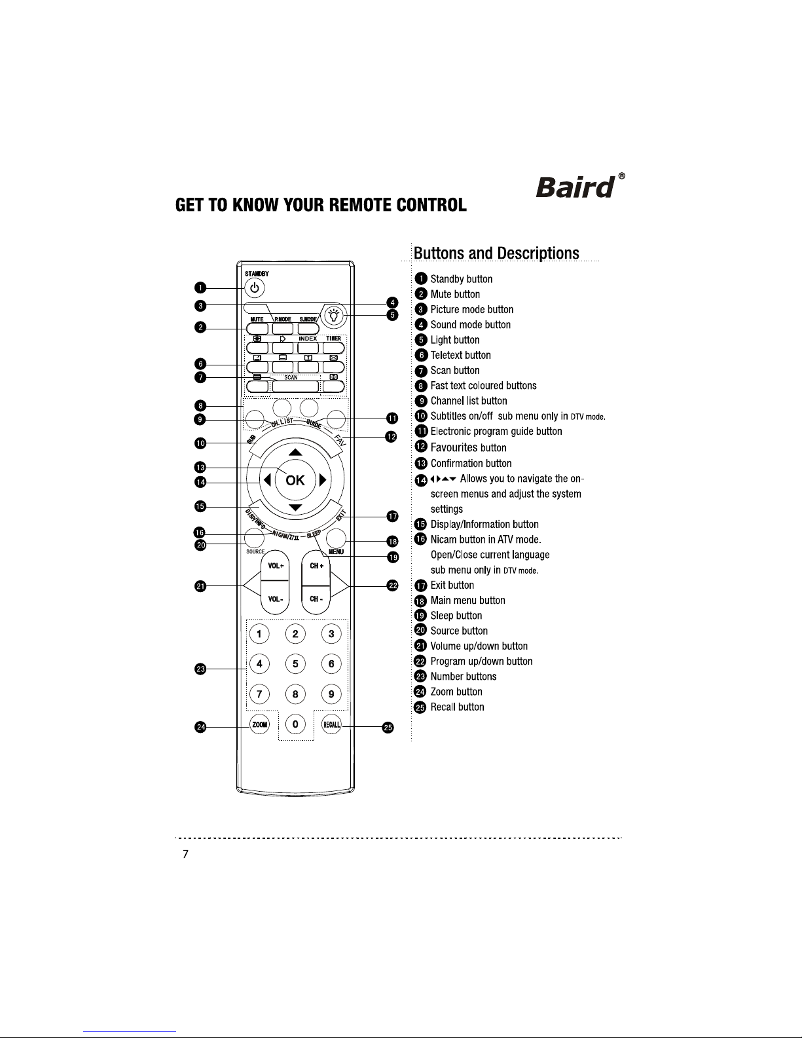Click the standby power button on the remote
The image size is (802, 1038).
(255, 288)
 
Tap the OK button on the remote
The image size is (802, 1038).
(295, 480)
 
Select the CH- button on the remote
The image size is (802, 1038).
(316, 599)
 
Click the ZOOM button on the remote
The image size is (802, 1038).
(259, 725)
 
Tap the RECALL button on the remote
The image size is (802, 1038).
(332, 725)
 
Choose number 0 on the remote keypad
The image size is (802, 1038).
(295, 724)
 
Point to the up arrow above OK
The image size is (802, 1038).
(295, 452)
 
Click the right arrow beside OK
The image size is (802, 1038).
(323, 479)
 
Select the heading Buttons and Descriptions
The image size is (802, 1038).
(496, 253)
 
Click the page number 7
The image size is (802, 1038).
(186, 853)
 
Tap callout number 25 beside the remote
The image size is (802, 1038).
(388, 728)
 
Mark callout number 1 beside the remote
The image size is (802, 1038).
(200, 287)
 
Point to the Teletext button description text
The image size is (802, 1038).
(461, 355)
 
